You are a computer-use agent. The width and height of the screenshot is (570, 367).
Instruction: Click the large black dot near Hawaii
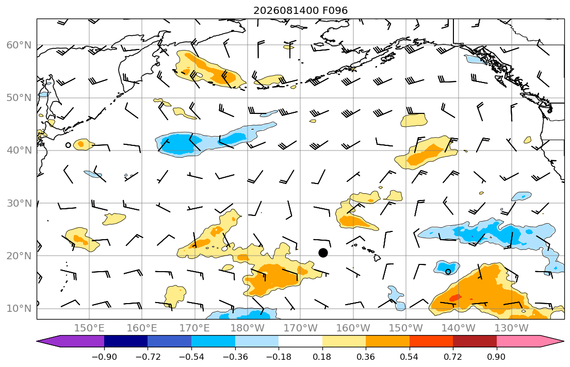(323, 253)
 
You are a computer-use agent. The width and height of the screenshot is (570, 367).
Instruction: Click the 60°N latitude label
(19, 45)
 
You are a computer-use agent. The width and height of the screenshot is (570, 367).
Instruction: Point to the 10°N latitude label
(19, 309)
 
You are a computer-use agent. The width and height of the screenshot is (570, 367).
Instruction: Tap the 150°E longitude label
(89, 328)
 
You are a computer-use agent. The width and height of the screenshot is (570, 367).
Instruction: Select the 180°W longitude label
(248, 328)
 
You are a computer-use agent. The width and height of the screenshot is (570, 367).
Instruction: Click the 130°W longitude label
(512, 328)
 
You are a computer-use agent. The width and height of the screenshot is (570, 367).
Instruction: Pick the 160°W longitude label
(353, 328)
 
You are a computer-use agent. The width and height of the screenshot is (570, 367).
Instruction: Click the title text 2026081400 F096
(300, 10)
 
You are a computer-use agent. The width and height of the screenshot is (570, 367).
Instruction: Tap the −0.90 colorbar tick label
(104, 357)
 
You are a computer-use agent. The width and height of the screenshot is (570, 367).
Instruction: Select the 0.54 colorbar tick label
(410, 357)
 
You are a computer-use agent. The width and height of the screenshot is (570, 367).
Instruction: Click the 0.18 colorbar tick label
(322, 357)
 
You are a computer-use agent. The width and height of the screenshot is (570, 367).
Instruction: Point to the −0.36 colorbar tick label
(235, 357)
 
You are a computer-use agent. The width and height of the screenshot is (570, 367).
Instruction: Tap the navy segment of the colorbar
(126, 341)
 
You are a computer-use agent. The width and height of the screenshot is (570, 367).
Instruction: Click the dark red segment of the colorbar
(475, 341)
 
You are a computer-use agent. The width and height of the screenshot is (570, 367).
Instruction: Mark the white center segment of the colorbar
(300, 341)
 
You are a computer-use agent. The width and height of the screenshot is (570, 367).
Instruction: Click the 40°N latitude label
(19, 151)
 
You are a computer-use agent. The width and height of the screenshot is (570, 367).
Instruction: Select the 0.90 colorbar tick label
(497, 357)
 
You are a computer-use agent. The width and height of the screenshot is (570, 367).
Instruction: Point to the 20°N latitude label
(19, 256)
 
